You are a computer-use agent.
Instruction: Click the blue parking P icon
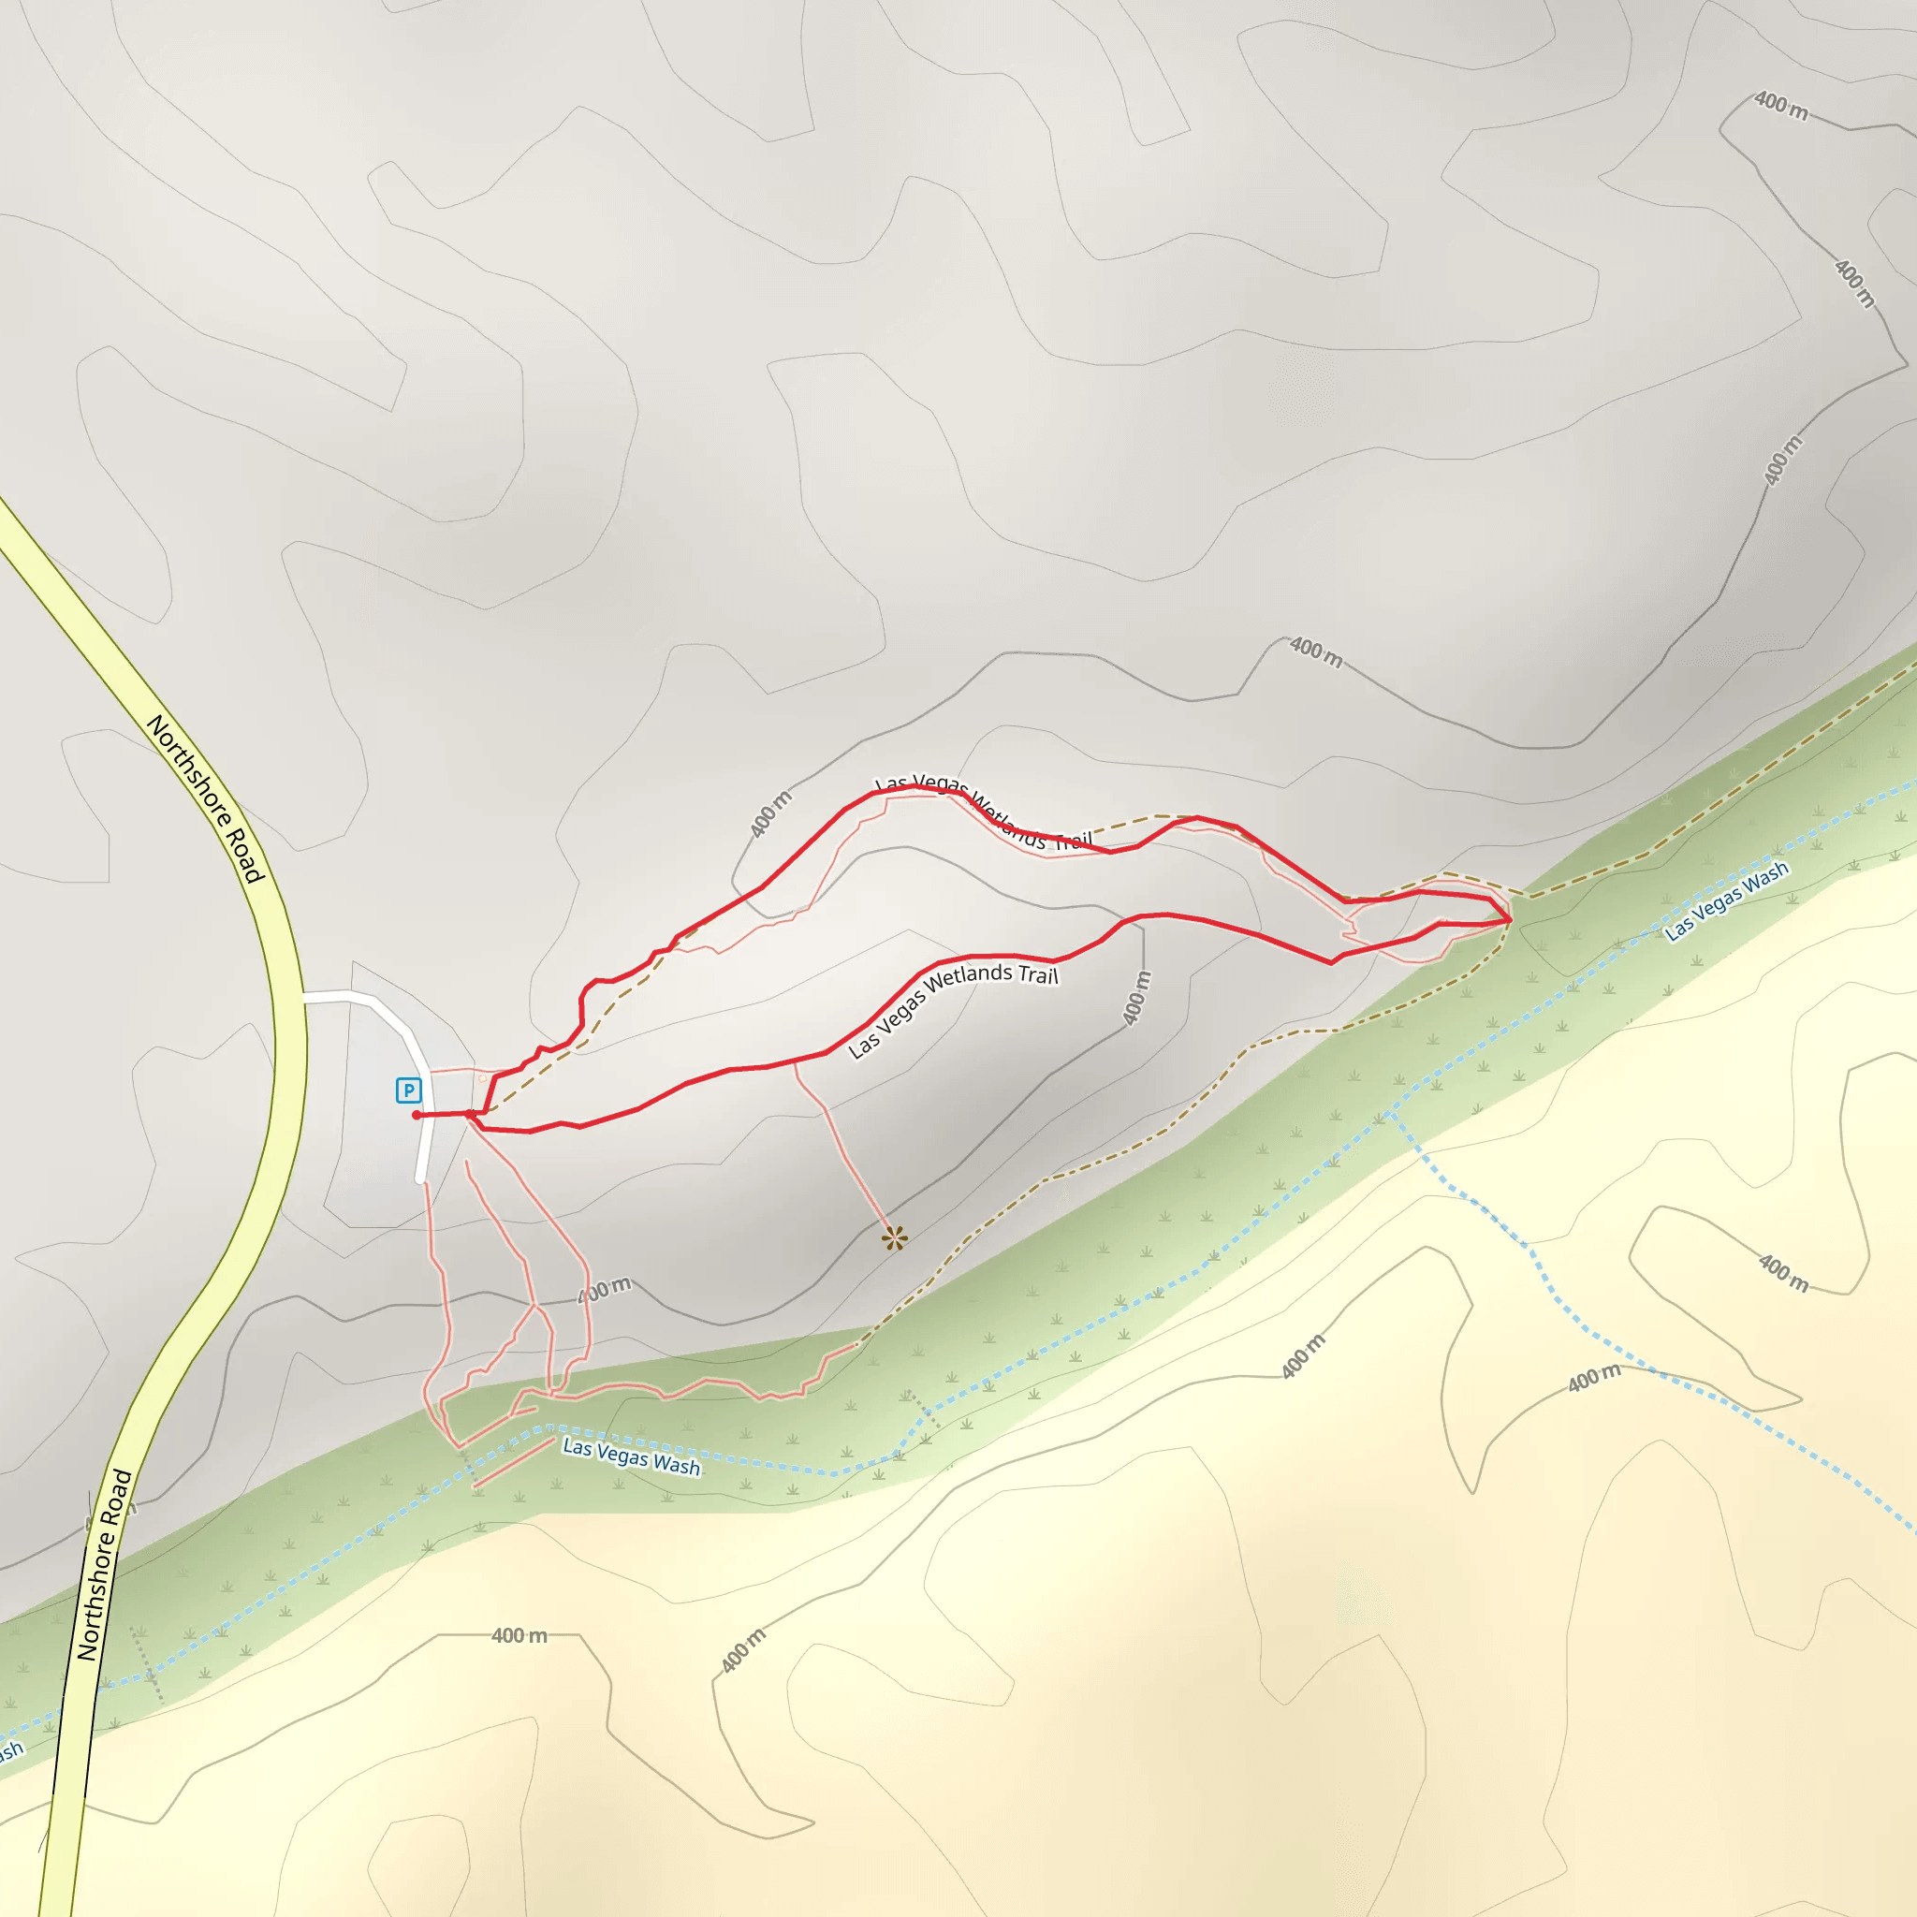(408, 1090)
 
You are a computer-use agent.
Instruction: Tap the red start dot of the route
(416, 1115)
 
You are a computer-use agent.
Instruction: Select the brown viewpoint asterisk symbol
(894, 1237)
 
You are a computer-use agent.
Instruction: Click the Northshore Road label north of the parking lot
(205, 798)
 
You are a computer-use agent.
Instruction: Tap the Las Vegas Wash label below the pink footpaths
(631, 1456)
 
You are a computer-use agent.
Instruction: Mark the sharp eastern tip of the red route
(1510, 921)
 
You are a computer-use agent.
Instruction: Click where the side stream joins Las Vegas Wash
(1392, 1112)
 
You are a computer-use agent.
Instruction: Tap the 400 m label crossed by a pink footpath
(605, 1290)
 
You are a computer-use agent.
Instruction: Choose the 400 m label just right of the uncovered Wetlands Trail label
(1136, 997)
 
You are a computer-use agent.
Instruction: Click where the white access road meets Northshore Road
(302, 996)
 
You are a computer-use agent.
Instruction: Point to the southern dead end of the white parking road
(419, 1179)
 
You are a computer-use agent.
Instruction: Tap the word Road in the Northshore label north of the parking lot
(243, 856)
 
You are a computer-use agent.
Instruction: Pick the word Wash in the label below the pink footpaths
(677, 1466)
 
